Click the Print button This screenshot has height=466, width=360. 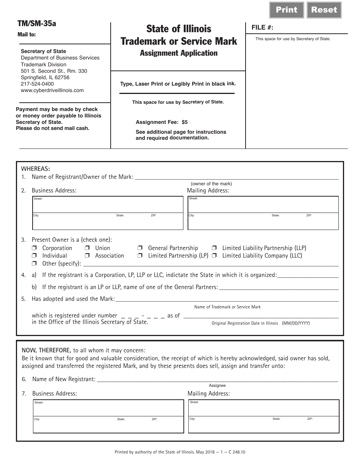tap(286, 10)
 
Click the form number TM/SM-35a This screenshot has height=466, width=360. tap(37, 23)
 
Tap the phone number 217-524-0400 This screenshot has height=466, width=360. tap(37, 84)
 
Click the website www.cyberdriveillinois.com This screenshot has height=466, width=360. tap(52, 90)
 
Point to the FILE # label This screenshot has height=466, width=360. tap(262, 28)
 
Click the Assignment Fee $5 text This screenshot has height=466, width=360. tap(161, 122)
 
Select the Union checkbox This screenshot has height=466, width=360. tap(87, 248)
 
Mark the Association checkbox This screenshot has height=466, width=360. tap(87, 256)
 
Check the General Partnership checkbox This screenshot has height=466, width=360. tap(140, 248)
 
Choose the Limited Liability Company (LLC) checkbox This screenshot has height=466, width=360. tap(214, 256)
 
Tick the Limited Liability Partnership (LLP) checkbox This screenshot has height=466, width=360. tap(214, 248)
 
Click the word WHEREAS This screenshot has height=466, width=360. tap(36, 169)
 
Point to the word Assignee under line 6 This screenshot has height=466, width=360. tap(217, 386)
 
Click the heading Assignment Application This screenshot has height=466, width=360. tap(178, 53)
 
